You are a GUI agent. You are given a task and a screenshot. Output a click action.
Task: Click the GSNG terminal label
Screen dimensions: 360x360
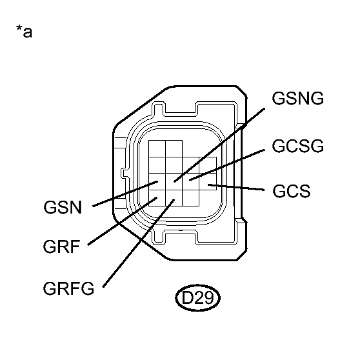[x=298, y=99]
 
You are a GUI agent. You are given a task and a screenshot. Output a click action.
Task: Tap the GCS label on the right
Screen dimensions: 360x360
[x=292, y=192]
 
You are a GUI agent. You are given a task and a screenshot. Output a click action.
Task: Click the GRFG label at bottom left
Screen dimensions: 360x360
[x=69, y=288]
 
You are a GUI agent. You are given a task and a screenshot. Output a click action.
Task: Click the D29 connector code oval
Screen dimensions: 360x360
[x=198, y=298]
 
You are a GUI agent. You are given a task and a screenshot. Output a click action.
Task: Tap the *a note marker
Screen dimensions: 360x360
[x=24, y=32]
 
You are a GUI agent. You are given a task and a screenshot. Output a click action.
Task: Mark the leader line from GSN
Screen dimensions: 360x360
[x=123, y=196]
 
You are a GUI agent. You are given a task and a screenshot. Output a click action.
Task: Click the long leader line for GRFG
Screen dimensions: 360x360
[x=135, y=245]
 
